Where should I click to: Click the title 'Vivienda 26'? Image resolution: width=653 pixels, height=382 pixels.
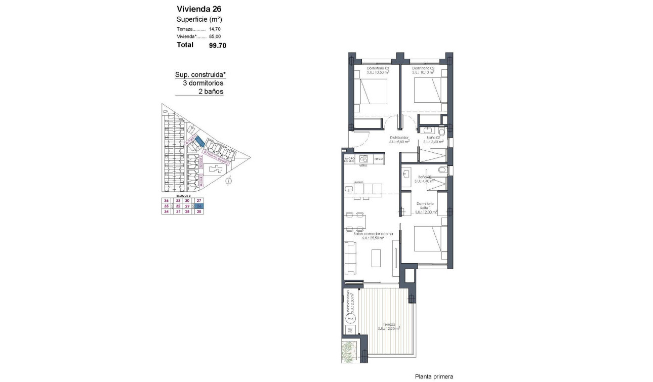(x=199, y=9)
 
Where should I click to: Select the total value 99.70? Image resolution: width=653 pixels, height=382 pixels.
(x=217, y=45)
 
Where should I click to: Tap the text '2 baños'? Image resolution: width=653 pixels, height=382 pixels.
(x=211, y=92)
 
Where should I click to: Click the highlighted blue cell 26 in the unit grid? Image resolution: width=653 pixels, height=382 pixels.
(x=199, y=206)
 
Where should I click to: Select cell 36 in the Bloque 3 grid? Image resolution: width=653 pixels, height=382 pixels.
(x=166, y=201)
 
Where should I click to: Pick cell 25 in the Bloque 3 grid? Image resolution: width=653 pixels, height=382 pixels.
(x=199, y=211)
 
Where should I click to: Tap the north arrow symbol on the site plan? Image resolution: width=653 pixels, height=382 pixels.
(x=229, y=181)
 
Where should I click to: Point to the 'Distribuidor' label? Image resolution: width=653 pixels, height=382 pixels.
(x=399, y=138)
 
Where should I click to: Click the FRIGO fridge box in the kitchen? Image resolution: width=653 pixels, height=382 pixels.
(x=378, y=159)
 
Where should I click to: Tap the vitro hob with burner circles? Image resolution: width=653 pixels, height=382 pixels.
(x=363, y=159)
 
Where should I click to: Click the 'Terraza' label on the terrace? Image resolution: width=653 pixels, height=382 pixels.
(x=389, y=324)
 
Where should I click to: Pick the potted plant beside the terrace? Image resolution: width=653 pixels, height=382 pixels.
(x=349, y=351)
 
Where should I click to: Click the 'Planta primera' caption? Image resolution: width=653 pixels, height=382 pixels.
(x=433, y=376)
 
